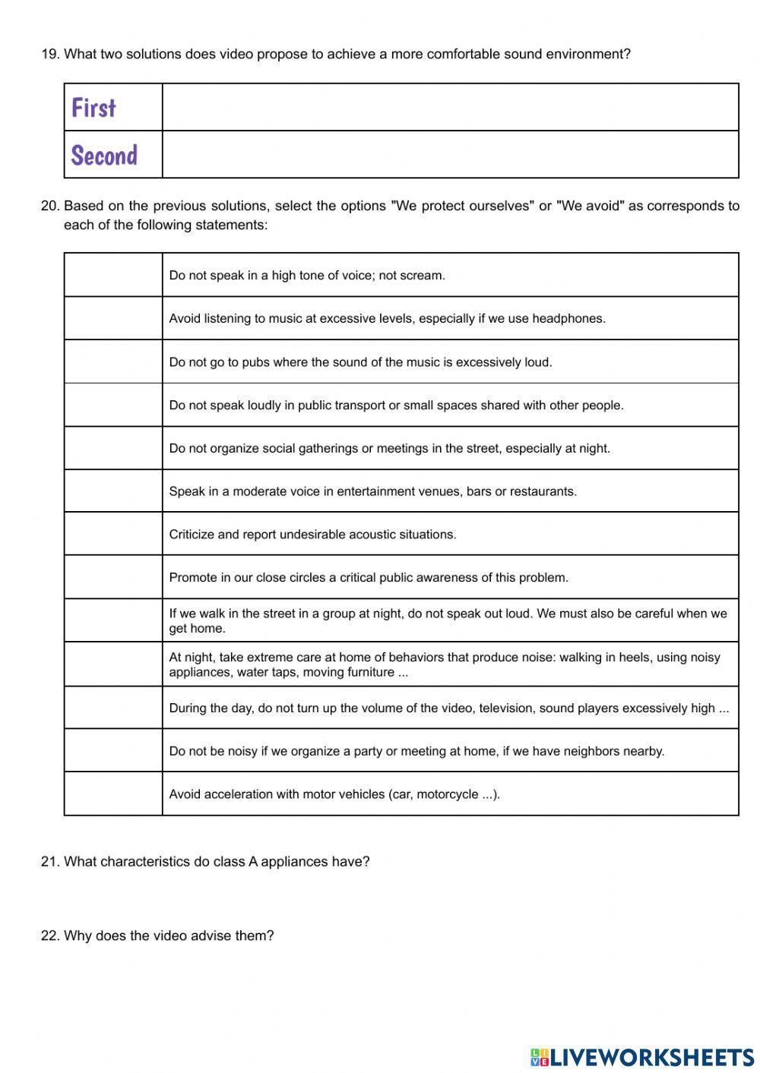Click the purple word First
point(93,108)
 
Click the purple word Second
point(104,155)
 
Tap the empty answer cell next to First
point(450,107)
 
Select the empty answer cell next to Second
point(450,155)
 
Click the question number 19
point(49,54)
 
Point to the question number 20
point(49,206)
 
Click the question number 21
point(49,861)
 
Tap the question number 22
point(49,936)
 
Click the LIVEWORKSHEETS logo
point(642,1056)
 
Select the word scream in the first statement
point(422,276)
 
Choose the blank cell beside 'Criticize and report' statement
point(112,534)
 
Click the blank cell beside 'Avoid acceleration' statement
point(112,794)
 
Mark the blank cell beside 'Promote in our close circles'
point(112,577)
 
